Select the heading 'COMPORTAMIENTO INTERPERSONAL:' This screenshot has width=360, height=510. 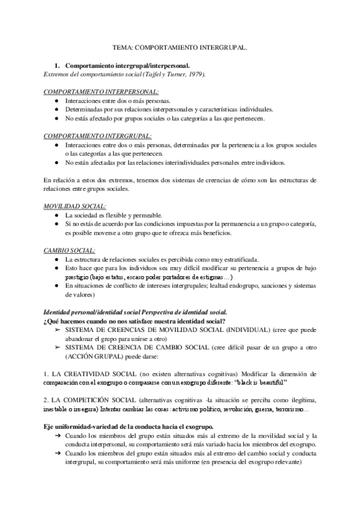coord(102,92)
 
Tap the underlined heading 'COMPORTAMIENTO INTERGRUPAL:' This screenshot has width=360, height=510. coord(98,136)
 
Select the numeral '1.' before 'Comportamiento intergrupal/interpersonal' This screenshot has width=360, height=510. coord(57,64)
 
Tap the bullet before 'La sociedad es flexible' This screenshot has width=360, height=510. coord(56,215)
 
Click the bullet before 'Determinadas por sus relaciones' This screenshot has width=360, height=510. coord(56,109)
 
